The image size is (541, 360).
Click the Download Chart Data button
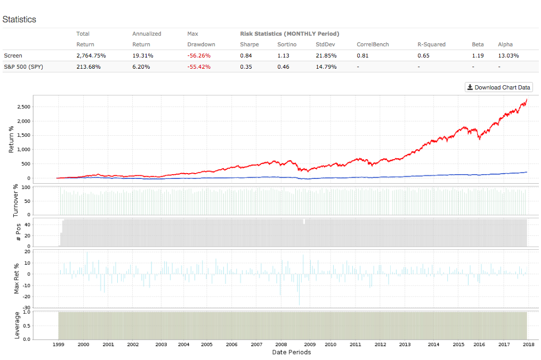tap(498, 87)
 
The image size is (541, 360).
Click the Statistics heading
tap(19, 19)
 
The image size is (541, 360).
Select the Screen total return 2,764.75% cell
tap(91, 55)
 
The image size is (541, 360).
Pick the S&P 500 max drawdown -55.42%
tap(199, 67)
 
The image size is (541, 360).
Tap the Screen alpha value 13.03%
tap(508, 55)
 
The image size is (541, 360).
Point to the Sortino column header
tap(286, 44)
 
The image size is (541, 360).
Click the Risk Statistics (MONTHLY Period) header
tap(289, 34)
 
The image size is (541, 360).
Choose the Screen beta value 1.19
tap(477, 55)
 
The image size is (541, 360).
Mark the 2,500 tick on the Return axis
tap(23, 107)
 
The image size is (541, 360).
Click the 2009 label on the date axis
tap(310, 345)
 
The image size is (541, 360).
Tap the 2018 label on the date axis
tap(528, 345)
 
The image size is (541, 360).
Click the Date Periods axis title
tap(291, 352)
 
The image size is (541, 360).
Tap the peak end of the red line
tap(527, 100)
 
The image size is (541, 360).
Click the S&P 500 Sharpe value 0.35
tap(246, 67)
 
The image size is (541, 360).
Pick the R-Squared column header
tap(431, 44)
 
